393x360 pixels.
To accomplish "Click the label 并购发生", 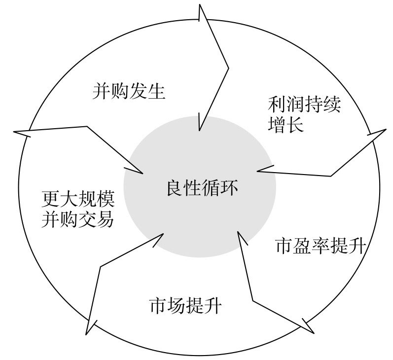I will (128, 92).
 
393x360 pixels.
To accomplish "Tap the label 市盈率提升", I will (321, 246).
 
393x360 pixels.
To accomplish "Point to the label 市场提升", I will (185, 306).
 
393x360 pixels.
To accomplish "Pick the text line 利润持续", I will (304, 105).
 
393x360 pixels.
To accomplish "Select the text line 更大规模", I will (77, 200).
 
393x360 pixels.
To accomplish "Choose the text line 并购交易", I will (77, 218).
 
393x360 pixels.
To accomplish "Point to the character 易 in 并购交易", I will (105, 218).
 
